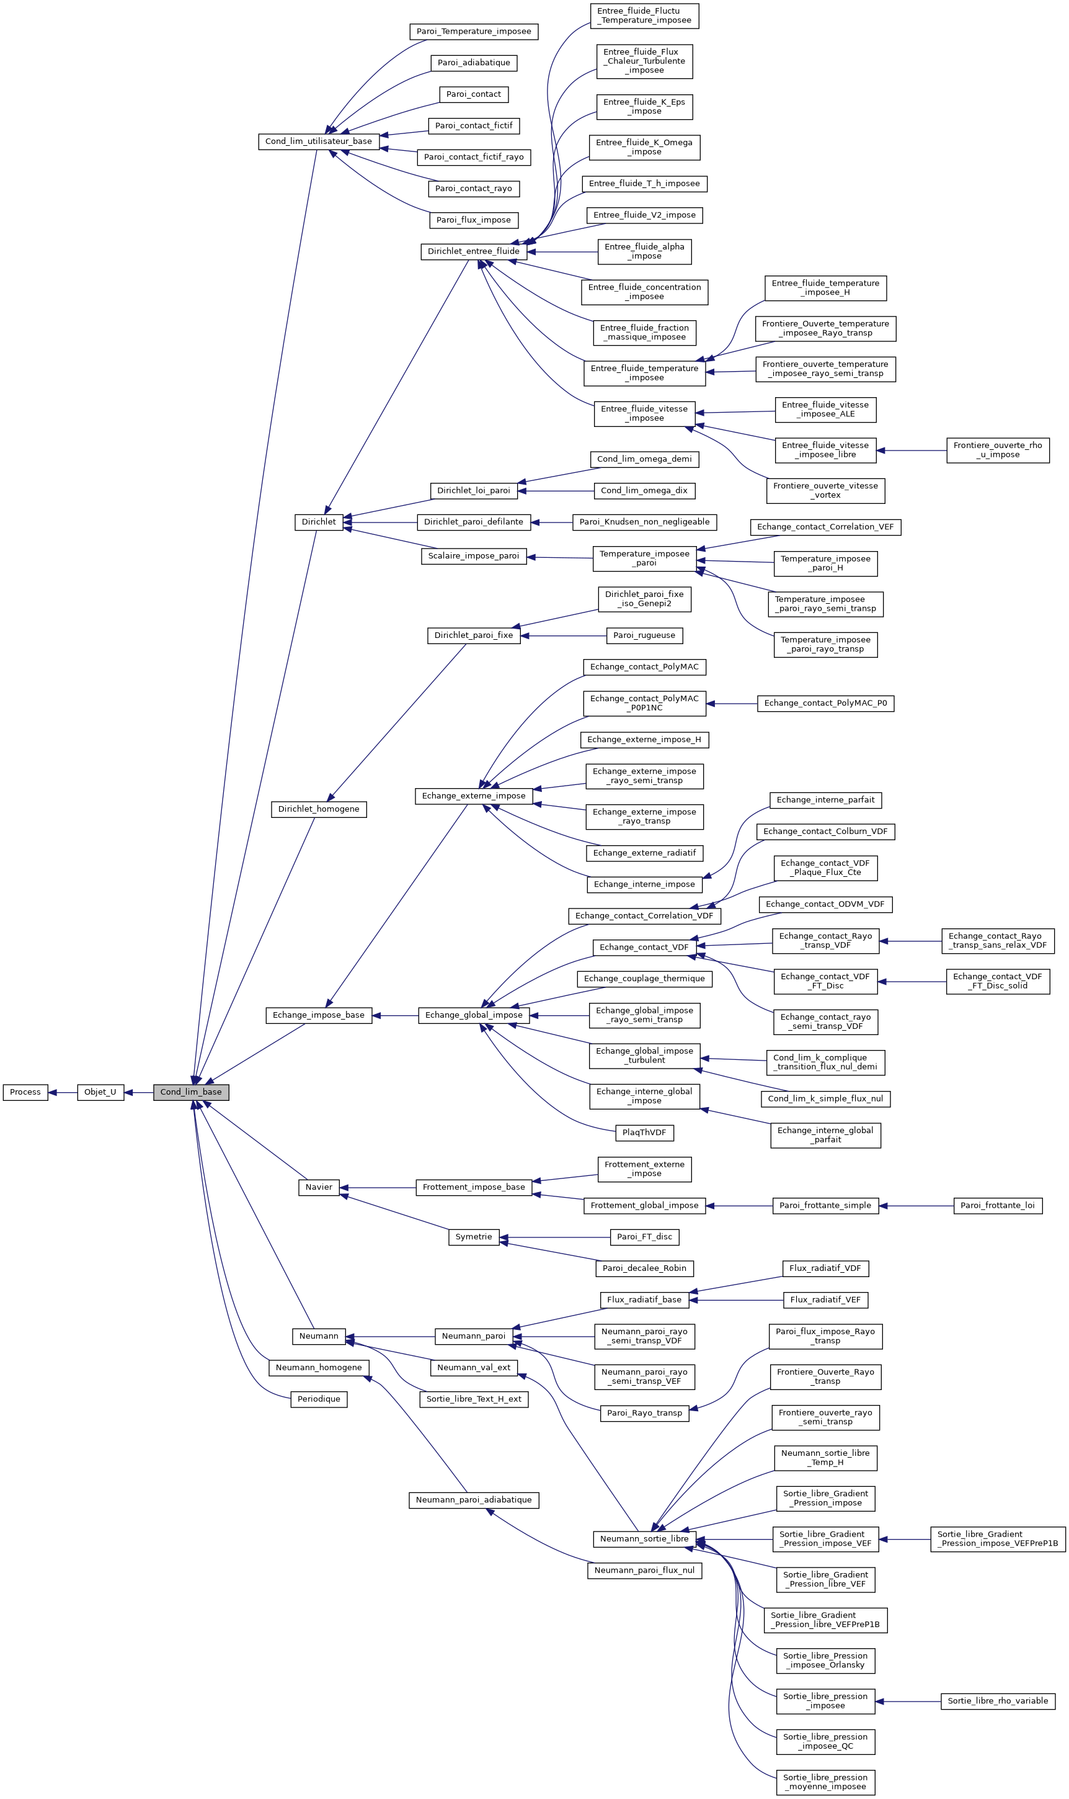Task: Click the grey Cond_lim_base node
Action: [x=191, y=1092]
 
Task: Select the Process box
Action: [x=25, y=1092]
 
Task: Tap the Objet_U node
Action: [x=100, y=1092]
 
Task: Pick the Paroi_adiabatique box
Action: [x=473, y=63]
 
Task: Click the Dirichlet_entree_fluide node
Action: [x=473, y=251]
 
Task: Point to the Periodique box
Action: [x=318, y=1399]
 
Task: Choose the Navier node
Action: [x=318, y=1187]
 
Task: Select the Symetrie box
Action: [x=473, y=1237]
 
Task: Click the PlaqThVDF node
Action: [x=644, y=1133]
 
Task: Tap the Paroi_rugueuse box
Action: [x=644, y=635]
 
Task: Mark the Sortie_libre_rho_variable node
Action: [x=998, y=1701]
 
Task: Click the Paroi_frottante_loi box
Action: [x=998, y=1205]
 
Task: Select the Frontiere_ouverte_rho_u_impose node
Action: [x=998, y=451]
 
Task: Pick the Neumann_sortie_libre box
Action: [x=644, y=1539]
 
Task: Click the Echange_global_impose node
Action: [x=473, y=1015]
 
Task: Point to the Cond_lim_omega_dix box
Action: [x=644, y=491]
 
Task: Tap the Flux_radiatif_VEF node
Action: [x=825, y=1299]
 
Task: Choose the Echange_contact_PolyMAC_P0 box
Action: [x=825, y=704]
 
